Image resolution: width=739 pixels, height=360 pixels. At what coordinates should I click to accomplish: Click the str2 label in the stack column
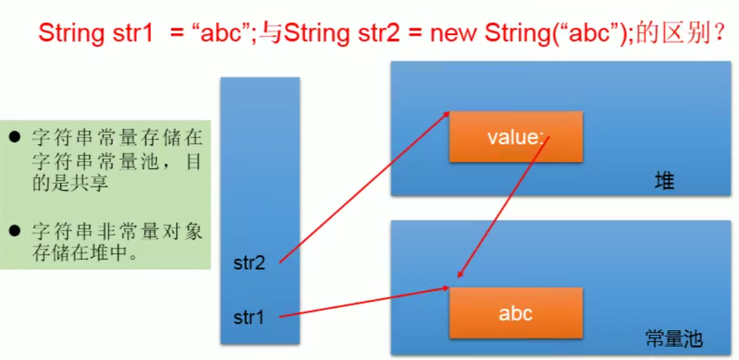coord(249,263)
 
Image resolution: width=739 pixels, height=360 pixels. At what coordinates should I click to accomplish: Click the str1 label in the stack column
coord(248,316)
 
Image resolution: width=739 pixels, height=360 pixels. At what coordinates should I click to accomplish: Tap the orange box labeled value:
coord(516,137)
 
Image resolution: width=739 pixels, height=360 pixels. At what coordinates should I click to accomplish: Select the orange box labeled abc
coord(516,313)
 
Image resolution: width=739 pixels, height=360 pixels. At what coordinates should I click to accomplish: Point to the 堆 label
coord(665,182)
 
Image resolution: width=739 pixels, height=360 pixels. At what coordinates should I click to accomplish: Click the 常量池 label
coord(674,338)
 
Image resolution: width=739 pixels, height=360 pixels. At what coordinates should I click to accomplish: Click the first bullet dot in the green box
coord(15,137)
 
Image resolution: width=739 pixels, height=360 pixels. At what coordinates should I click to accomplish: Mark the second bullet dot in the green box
coord(15,230)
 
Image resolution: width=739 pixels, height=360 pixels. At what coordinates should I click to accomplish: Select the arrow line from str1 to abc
coord(363,302)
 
